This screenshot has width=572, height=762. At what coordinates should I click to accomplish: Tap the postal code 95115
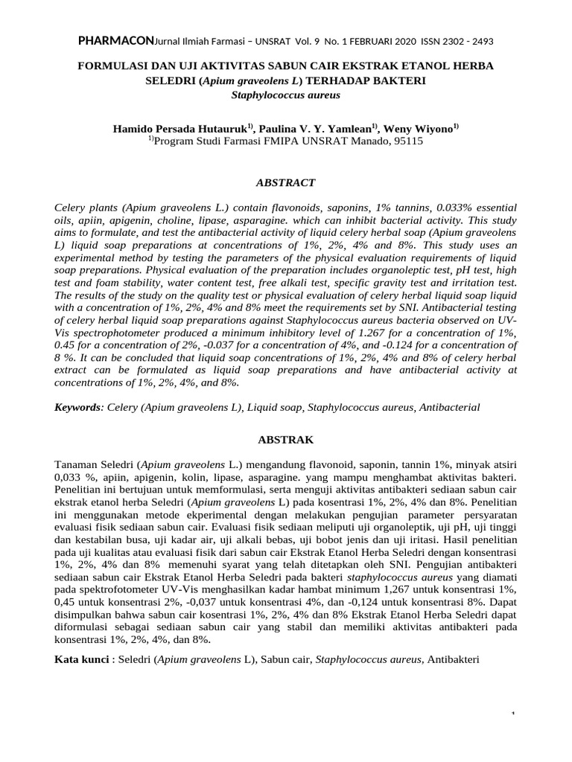407,140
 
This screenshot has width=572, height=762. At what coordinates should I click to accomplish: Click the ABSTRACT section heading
286,182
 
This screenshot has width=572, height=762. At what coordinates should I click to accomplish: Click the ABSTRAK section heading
286,440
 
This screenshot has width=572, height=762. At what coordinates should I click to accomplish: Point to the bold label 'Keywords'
79,407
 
